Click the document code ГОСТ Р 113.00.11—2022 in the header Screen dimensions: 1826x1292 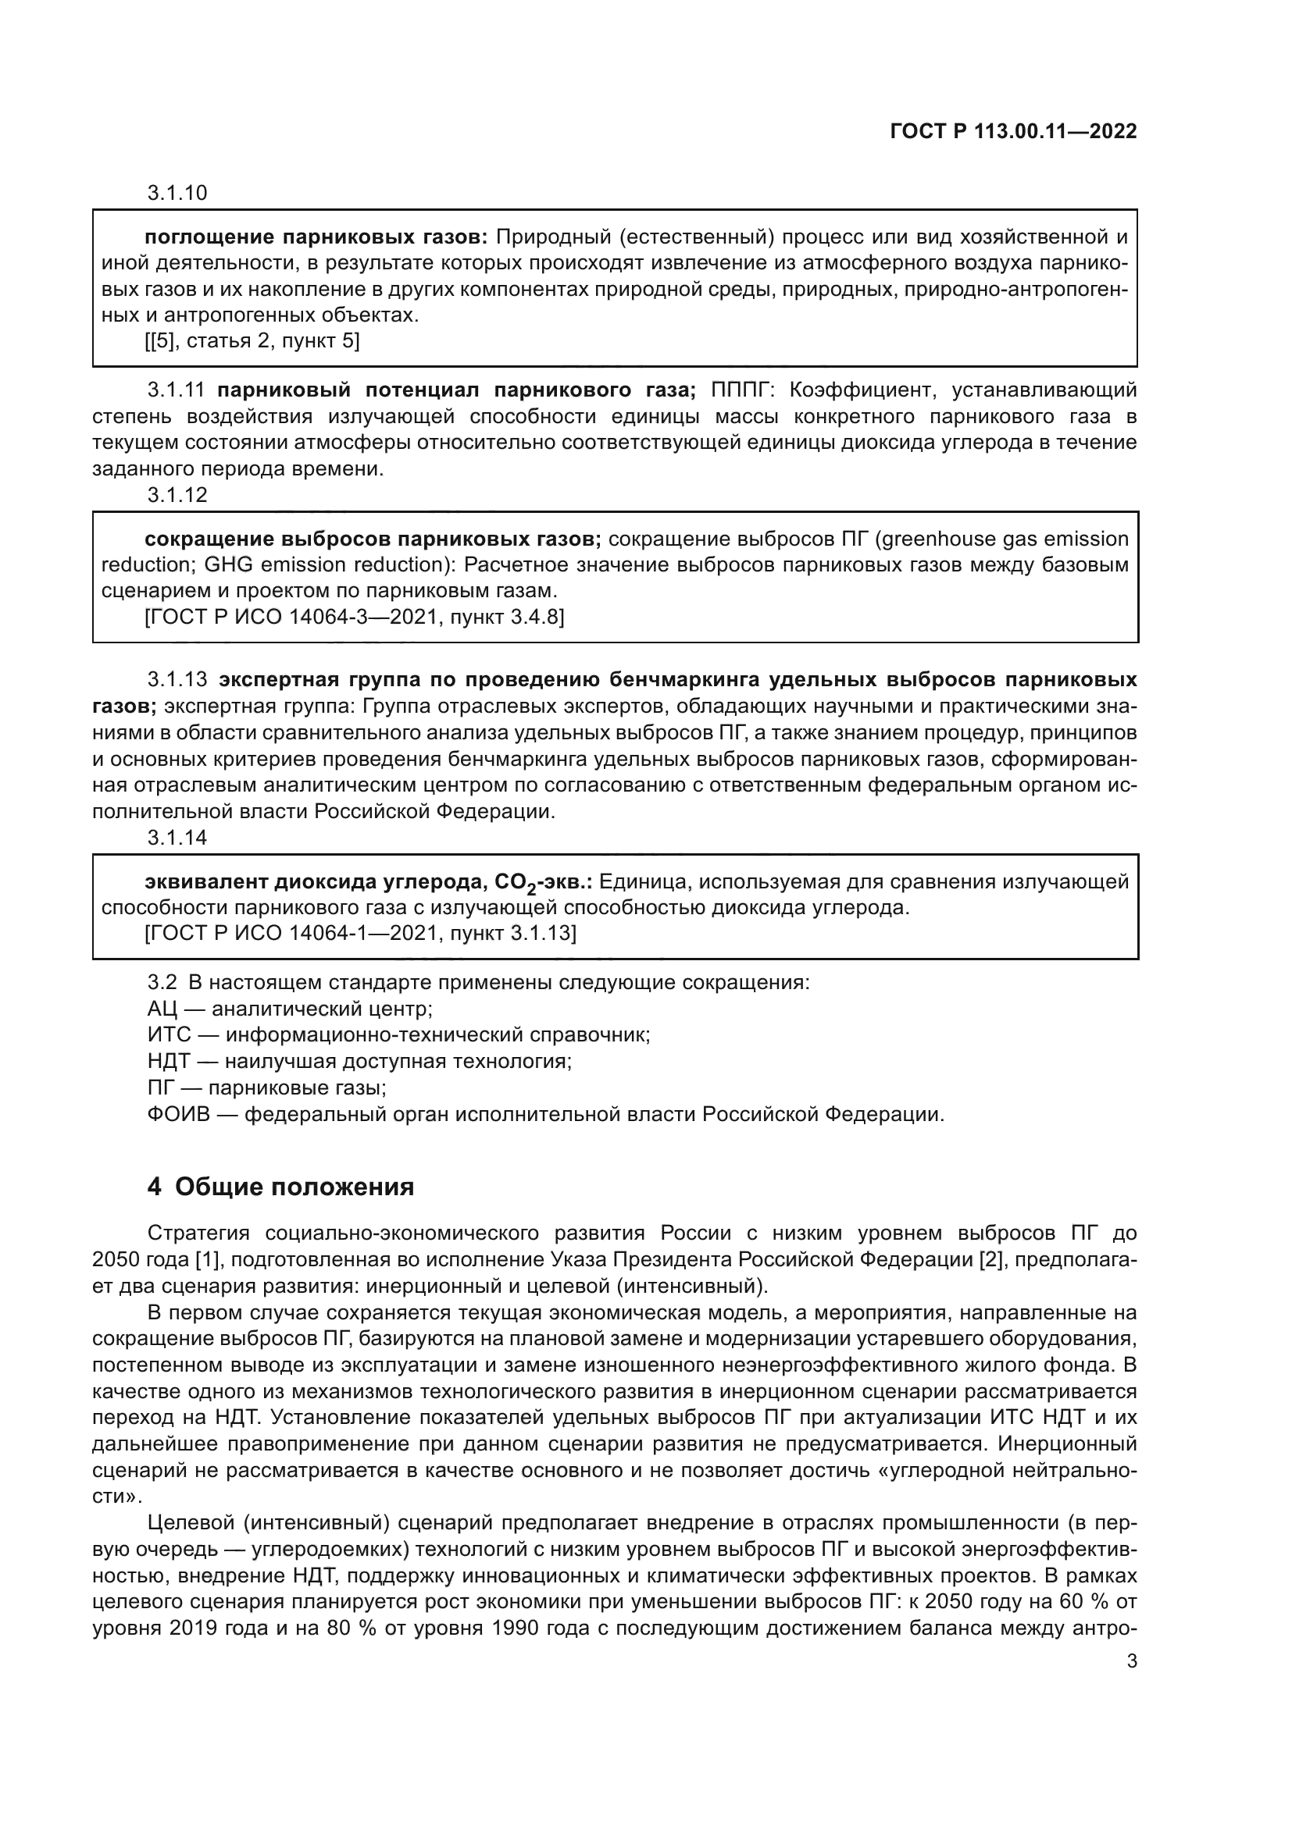tap(1013, 131)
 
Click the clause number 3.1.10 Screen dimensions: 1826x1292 tap(177, 193)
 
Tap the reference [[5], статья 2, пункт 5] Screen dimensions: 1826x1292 tap(252, 341)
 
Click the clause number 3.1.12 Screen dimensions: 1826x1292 tap(177, 495)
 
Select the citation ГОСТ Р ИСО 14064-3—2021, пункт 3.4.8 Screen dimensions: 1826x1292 tap(354, 617)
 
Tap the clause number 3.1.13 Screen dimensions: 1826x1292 tap(177, 680)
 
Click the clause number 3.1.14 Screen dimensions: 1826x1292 tap(177, 838)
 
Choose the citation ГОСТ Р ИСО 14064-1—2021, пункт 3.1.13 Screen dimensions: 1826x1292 tap(360, 932)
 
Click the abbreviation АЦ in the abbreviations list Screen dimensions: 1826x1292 tap(162, 1009)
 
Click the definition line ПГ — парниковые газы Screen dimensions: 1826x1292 tap(266, 1088)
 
